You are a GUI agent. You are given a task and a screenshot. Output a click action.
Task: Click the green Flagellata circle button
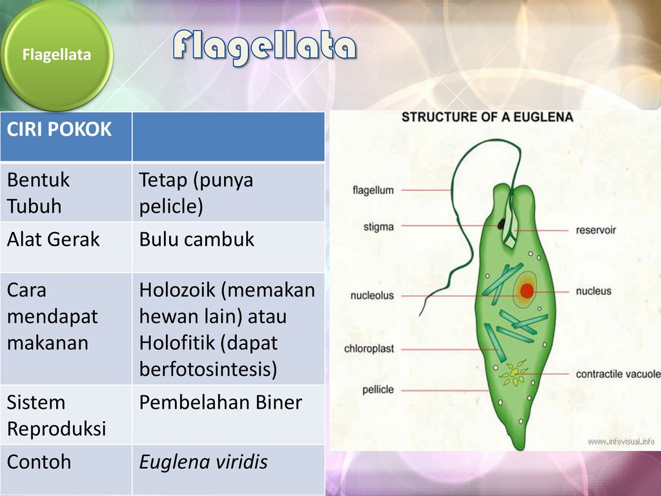point(57,55)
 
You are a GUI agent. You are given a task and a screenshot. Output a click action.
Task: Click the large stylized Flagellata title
point(265,47)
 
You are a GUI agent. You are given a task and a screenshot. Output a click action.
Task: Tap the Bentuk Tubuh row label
point(38,192)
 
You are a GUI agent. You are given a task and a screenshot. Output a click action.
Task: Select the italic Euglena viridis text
point(203,462)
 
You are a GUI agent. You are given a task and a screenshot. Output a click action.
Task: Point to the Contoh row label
point(39,462)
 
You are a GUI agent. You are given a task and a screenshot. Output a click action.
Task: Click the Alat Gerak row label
point(53,239)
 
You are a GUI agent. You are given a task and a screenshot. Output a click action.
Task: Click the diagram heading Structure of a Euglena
point(487,118)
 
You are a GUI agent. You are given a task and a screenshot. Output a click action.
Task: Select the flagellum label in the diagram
point(373,191)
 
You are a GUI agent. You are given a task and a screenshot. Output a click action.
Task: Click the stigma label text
point(378,227)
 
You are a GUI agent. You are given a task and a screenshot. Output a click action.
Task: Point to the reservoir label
point(596,231)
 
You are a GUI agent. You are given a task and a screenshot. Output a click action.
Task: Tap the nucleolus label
point(372,296)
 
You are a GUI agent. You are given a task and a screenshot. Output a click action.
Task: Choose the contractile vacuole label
point(618,374)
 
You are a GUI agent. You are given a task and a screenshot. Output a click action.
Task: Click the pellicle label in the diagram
point(378,389)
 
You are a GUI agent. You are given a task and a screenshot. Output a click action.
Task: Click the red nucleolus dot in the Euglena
point(527,291)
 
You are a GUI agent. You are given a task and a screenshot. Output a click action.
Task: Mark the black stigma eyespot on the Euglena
point(501,223)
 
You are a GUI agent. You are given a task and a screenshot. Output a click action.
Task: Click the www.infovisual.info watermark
point(621,442)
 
